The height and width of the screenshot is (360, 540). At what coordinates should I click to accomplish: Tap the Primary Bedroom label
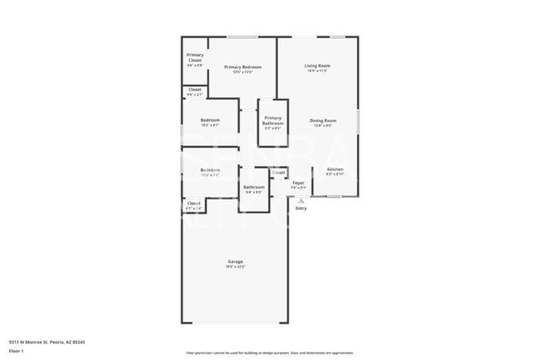[x=243, y=67]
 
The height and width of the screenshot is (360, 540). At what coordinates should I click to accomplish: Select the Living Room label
[x=317, y=66]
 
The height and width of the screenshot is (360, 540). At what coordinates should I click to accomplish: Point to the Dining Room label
[x=323, y=120]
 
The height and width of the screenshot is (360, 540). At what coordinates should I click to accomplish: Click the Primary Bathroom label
[x=273, y=121]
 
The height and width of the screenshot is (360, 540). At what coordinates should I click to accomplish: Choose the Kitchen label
[x=335, y=169]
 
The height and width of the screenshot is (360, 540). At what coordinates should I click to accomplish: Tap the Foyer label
[x=298, y=183]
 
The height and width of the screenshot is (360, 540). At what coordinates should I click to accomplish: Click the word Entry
[x=301, y=208]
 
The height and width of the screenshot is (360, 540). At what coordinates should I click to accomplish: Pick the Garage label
[x=235, y=261]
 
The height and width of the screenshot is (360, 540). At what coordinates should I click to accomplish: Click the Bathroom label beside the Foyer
[x=254, y=187]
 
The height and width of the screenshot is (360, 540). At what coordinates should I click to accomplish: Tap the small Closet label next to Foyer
[x=278, y=173]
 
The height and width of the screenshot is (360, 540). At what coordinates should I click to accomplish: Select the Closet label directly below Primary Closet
[x=195, y=89]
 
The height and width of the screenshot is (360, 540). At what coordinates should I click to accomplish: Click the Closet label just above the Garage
[x=194, y=204]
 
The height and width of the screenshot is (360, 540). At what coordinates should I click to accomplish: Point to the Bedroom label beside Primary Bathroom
[x=210, y=119]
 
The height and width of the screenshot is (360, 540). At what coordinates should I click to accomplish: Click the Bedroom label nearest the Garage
[x=210, y=170]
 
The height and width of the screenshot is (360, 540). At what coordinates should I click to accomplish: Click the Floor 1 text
[x=17, y=351]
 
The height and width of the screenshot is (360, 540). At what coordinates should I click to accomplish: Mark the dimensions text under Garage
[x=235, y=267]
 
